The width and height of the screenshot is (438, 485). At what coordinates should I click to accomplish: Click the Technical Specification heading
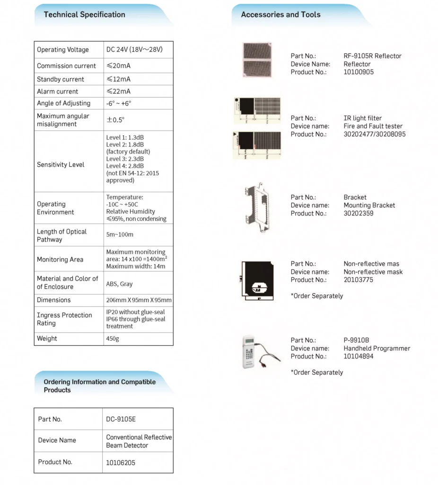[84, 15]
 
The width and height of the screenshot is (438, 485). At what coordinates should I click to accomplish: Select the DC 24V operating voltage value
[134, 50]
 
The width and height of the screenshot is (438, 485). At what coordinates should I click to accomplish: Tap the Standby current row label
[61, 79]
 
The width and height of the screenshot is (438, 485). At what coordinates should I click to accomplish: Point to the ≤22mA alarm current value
[118, 91]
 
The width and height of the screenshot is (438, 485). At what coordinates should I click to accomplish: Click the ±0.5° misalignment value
[116, 120]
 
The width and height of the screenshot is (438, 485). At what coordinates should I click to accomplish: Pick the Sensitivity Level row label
[61, 165]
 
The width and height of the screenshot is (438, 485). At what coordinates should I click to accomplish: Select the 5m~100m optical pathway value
[120, 234]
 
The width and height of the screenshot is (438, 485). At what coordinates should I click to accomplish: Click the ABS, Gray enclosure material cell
[119, 284]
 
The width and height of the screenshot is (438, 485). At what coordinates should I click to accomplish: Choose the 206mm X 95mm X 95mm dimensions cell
[139, 300]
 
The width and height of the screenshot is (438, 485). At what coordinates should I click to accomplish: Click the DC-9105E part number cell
[121, 419]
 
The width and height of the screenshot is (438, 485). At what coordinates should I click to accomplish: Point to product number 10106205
[121, 462]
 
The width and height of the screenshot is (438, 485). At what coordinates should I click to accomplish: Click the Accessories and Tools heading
[280, 15]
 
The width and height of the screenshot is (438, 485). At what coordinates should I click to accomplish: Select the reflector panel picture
[258, 61]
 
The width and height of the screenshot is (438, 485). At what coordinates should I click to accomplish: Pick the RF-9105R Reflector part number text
[372, 56]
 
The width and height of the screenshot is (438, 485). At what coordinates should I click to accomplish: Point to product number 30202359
[359, 213]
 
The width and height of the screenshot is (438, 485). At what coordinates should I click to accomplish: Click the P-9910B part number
[356, 340]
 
